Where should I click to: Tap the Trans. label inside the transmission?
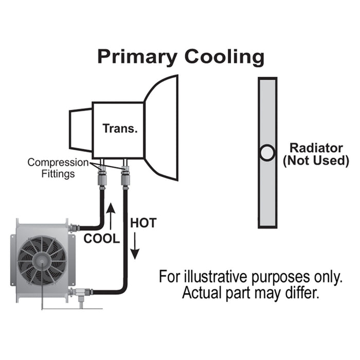[x=120, y=128]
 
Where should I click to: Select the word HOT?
[x=143, y=224]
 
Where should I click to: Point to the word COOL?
[x=101, y=239]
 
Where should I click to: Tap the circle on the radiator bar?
[x=267, y=153]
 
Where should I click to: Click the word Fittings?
[x=58, y=173]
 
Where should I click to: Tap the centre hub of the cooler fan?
[x=40, y=260]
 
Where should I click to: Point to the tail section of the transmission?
[x=81, y=128]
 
